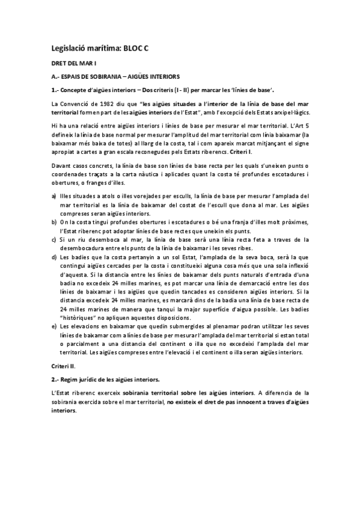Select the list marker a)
tap(54, 195)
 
